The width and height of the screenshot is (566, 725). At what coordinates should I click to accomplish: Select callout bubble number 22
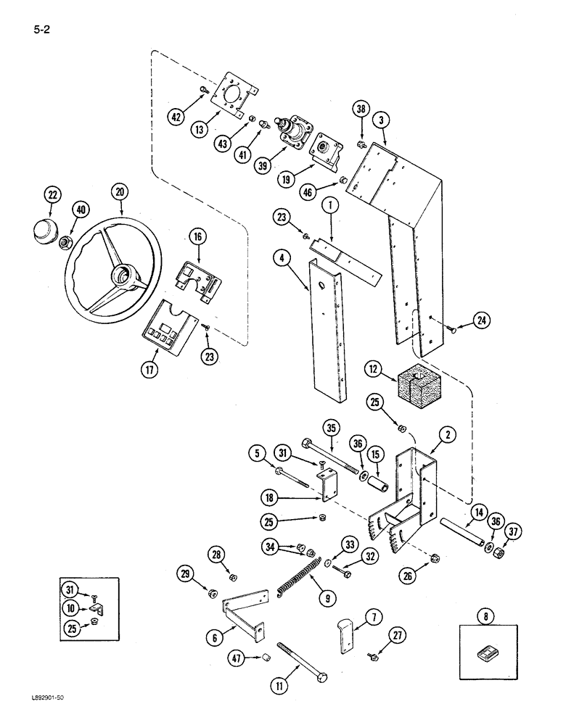pos(52,196)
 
